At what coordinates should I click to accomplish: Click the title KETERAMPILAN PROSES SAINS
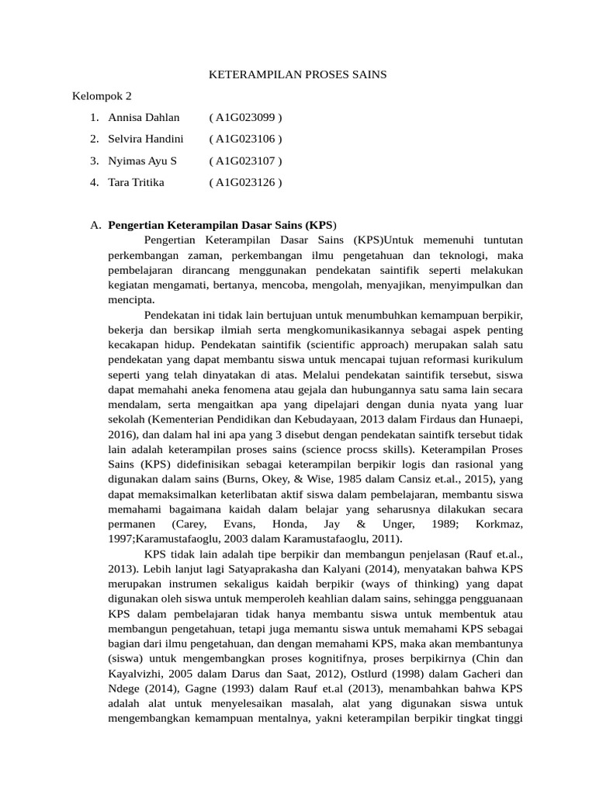(x=298, y=75)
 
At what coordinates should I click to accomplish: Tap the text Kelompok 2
(x=102, y=97)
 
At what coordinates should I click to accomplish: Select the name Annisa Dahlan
(x=144, y=118)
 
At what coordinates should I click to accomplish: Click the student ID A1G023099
(x=245, y=118)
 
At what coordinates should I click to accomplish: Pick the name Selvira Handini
(x=146, y=140)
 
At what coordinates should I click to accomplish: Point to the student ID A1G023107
(x=245, y=161)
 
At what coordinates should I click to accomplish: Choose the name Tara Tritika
(x=137, y=183)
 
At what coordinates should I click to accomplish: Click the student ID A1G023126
(x=245, y=183)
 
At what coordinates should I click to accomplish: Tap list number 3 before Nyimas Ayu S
(x=93, y=161)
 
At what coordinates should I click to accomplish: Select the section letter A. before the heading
(x=95, y=226)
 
